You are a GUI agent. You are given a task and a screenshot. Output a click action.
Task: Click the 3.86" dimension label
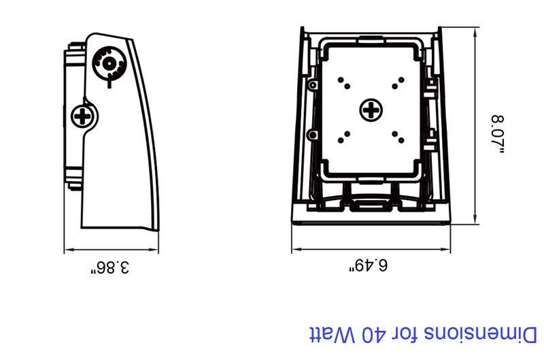[109, 267]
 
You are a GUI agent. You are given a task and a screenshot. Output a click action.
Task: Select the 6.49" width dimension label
[368, 265]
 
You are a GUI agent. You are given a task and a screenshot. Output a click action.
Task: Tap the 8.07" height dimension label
[498, 133]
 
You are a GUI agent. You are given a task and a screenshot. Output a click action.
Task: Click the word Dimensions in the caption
[480, 335]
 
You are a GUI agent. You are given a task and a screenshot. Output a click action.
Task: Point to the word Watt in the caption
[332, 335]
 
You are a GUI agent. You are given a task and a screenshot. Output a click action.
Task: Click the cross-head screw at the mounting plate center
[371, 110]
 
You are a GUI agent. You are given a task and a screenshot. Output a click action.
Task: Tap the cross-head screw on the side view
[83, 116]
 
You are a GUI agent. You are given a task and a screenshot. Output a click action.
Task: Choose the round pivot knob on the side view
[109, 63]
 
